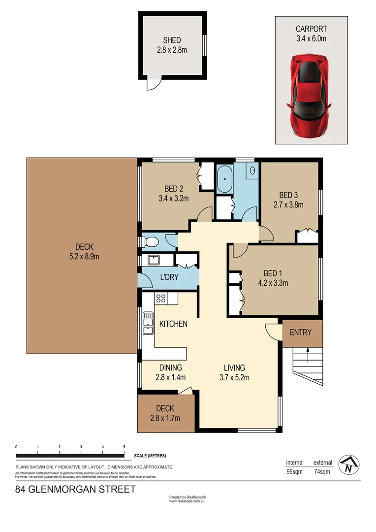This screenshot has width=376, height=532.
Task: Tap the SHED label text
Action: point(172,40)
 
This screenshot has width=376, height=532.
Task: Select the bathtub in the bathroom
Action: point(224,179)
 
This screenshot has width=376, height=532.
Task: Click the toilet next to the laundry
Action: point(151,242)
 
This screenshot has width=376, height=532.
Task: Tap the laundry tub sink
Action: point(153,260)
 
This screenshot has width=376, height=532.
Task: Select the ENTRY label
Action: point(301,332)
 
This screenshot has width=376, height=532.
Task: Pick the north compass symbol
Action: point(349,464)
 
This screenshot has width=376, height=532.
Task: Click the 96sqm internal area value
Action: point(294,472)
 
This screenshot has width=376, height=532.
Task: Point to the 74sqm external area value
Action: point(322,472)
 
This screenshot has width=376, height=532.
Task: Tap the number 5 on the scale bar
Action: point(124,447)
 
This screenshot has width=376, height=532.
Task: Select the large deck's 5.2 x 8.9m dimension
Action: point(84,257)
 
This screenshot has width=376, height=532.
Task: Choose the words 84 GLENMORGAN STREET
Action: point(75,490)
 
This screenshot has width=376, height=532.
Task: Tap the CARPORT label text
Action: point(311,29)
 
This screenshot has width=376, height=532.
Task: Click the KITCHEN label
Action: point(173,324)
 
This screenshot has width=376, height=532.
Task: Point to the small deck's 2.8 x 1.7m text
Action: point(165,418)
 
